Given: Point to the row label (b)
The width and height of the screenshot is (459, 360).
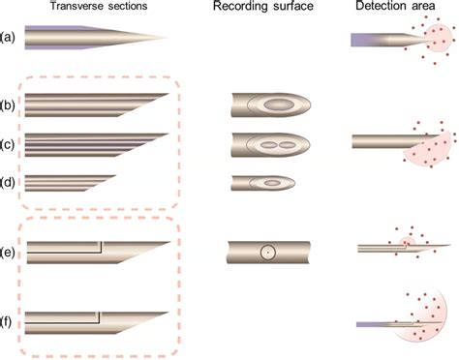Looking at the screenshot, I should click(x=10, y=104).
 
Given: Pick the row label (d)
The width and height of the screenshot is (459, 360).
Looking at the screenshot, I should click(x=10, y=181).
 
